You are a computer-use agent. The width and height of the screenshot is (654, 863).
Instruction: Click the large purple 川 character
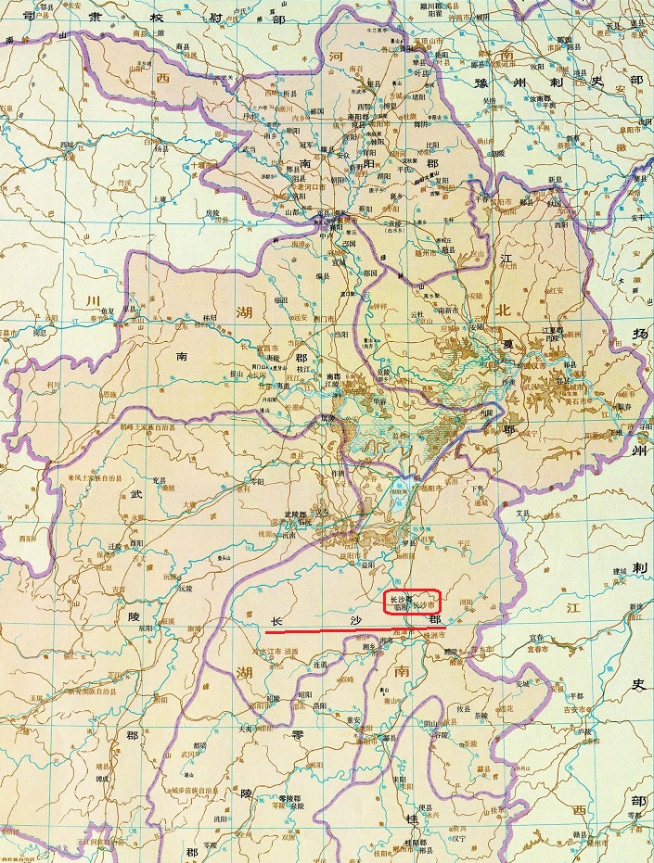(92, 301)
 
